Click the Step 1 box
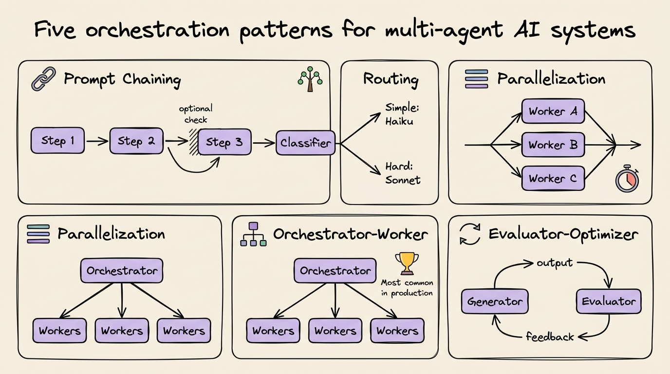point(57,141)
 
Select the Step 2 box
point(136,141)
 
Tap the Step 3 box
point(224,142)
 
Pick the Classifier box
point(305,143)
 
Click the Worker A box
point(553,112)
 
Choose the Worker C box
point(553,178)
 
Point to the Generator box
point(494,301)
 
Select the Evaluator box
point(609,301)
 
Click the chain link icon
point(43,80)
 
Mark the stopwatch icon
point(627,179)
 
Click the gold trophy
point(407,263)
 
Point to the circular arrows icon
point(470,234)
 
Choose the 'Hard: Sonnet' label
point(403,172)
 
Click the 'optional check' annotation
point(196,114)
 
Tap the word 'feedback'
point(550,337)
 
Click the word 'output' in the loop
point(555,263)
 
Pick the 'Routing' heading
point(391,79)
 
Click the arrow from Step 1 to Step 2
point(97,141)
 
